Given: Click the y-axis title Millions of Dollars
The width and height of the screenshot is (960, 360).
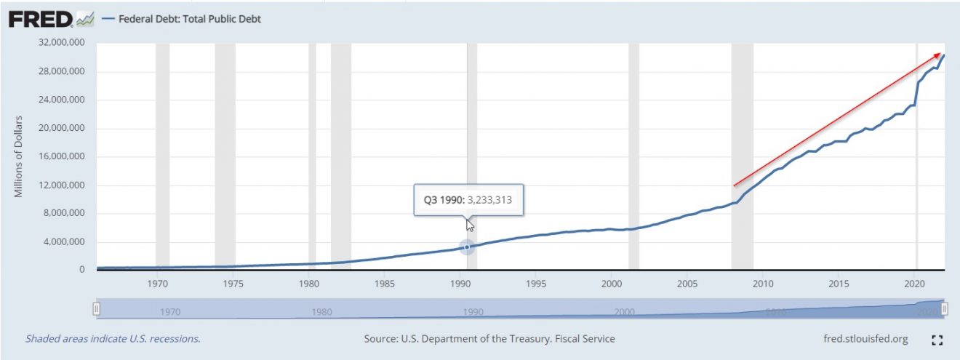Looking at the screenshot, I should (20, 156).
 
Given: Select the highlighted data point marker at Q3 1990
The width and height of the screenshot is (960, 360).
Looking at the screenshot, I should (467, 247).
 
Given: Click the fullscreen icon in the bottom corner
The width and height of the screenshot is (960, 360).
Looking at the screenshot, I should (937, 340).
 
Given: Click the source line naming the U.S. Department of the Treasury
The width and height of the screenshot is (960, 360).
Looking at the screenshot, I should (489, 339).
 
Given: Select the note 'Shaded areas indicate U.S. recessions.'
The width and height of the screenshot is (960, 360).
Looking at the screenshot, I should (113, 339).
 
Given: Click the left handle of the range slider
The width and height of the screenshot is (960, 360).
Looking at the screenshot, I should (96, 309).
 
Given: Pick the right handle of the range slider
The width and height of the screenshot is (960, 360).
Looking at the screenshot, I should (944, 309).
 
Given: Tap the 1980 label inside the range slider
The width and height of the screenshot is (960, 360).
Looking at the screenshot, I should (321, 312).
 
